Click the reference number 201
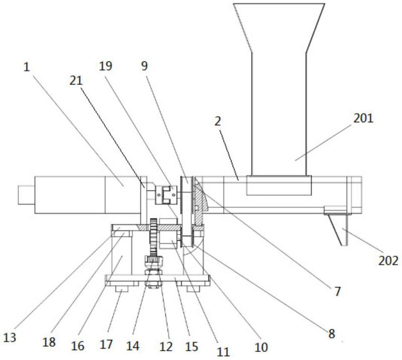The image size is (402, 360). pyautogui.click(x=363, y=118)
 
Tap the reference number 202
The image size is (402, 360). pyautogui.click(x=388, y=261)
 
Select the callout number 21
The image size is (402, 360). pyautogui.click(x=76, y=80)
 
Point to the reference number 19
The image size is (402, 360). pyautogui.click(x=106, y=66)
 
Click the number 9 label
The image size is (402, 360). pyautogui.click(x=145, y=66)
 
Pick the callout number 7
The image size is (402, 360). pyautogui.click(x=337, y=292)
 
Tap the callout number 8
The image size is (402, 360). pyautogui.click(x=332, y=333)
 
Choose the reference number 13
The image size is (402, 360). pyautogui.click(x=10, y=337)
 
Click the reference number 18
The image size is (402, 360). pyautogui.click(x=49, y=342)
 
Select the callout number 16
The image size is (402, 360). pyautogui.click(x=78, y=346)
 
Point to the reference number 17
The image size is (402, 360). pyautogui.click(x=106, y=344)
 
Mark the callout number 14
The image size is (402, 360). pyautogui.click(x=133, y=346)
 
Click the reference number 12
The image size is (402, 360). pyautogui.click(x=166, y=347)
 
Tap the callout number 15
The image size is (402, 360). pyautogui.click(x=192, y=347)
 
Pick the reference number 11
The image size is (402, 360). pyautogui.click(x=223, y=352)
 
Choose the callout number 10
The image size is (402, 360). pyautogui.click(x=261, y=347)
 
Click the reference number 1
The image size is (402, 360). pyautogui.click(x=27, y=67)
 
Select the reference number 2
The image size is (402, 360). pyautogui.click(x=218, y=121)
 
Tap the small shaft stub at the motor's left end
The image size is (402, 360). pyautogui.click(x=26, y=195)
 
